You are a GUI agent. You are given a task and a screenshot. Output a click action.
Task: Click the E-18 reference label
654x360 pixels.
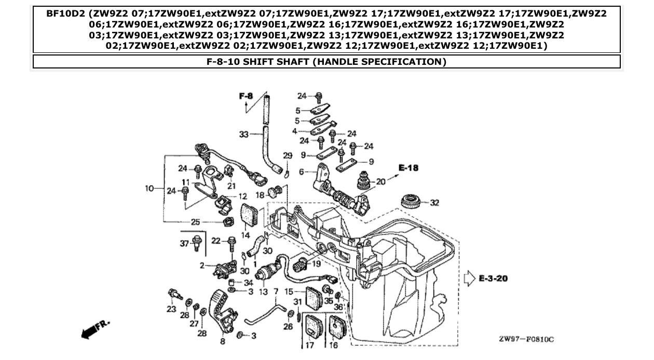pyautogui.click(x=408, y=168)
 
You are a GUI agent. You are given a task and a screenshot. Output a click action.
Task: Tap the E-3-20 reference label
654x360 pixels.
pyautogui.click(x=493, y=279)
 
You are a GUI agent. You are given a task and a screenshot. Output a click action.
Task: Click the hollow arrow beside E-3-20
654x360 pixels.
pyautogui.click(x=469, y=279)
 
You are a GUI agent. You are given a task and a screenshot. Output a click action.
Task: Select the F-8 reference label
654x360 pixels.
pyautogui.click(x=246, y=96)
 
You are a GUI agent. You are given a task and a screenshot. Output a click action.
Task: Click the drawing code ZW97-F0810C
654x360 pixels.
pyautogui.click(x=526, y=339)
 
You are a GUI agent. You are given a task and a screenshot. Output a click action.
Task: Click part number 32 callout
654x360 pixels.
pyautogui.click(x=434, y=203)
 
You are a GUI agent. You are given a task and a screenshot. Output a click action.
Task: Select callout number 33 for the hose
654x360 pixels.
pyautogui.click(x=244, y=134)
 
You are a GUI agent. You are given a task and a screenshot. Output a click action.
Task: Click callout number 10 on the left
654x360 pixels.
pyautogui.click(x=150, y=188)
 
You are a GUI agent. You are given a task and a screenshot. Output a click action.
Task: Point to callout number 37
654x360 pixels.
pyautogui.click(x=184, y=244)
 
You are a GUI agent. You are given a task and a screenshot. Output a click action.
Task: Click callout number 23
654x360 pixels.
pyautogui.click(x=171, y=309)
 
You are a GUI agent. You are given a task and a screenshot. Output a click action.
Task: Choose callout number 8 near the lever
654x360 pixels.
pyautogui.click(x=223, y=341)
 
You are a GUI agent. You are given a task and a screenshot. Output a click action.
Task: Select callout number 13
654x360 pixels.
pyautogui.click(x=263, y=292)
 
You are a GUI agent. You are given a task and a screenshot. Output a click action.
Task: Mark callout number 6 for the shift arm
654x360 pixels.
pyautogui.click(x=301, y=172)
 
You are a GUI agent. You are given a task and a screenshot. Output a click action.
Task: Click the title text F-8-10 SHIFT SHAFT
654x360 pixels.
pyautogui.click(x=326, y=62)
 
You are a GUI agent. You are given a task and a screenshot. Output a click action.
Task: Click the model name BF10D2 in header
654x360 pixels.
pyautogui.click(x=66, y=14)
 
